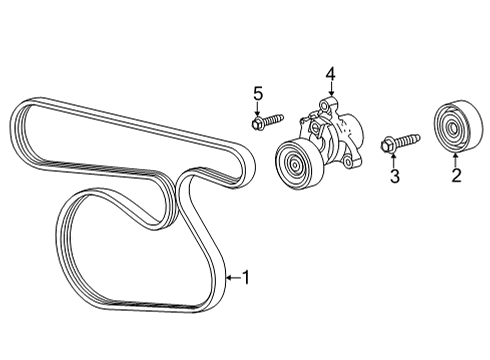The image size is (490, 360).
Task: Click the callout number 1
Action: pyautogui.click(x=247, y=278)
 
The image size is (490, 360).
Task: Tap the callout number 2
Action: pyautogui.click(x=455, y=178)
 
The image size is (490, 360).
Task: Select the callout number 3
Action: pyautogui.click(x=395, y=177)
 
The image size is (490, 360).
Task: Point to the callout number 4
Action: pyautogui.click(x=329, y=72)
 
